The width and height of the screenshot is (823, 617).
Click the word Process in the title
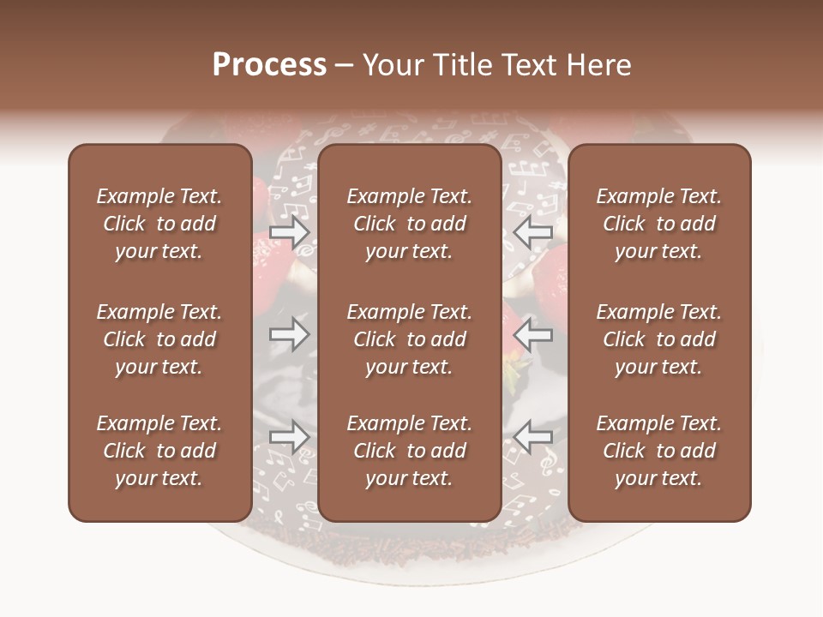pyautogui.click(x=269, y=65)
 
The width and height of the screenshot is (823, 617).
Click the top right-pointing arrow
pyautogui.click(x=289, y=232)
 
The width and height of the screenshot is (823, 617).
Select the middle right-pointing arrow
pyautogui.click(x=289, y=333)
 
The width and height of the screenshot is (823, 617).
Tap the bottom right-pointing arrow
pyautogui.click(x=289, y=437)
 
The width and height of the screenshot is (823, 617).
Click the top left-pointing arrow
pyautogui.click(x=533, y=232)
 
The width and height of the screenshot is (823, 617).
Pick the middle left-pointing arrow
pyautogui.click(x=533, y=333)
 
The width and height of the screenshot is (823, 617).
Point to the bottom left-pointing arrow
pyautogui.click(x=533, y=437)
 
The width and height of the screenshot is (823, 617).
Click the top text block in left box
pyautogui.click(x=159, y=224)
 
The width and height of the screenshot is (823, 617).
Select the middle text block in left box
pyautogui.click(x=159, y=339)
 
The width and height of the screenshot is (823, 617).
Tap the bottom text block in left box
pyautogui.click(x=159, y=451)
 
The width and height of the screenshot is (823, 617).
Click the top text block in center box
pyautogui.click(x=409, y=224)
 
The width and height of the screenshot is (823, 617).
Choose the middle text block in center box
pyautogui.click(x=409, y=339)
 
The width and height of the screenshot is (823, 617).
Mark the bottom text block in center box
pyautogui.click(x=409, y=451)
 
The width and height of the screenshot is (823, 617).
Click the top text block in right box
pyautogui.click(x=658, y=224)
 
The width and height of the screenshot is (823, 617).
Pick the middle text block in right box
pyautogui.click(x=658, y=339)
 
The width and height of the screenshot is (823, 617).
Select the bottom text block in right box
pyautogui.click(x=658, y=451)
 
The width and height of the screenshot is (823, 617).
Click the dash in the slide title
pyautogui.click(x=344, y=66)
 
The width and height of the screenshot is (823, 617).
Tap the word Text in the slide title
pyautogui.click(x=522, y=65)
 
